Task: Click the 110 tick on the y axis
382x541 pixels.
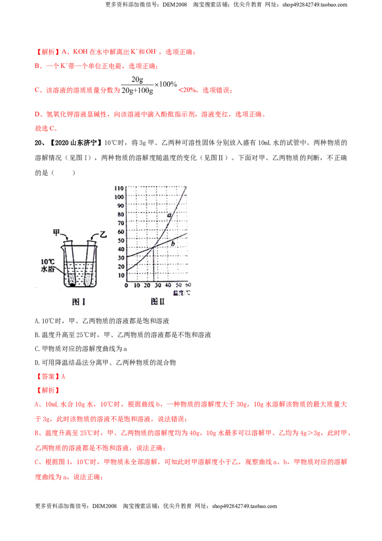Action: pos(119,188)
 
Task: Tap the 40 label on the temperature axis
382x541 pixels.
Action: pos(168,285)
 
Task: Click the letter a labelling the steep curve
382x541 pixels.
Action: pos(170,215)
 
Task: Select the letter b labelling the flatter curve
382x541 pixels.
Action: pos(173,244)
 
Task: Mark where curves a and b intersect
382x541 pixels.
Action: pos(153,247)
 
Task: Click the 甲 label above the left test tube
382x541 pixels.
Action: pos(56,233)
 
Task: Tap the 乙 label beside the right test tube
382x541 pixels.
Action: pos(103,235)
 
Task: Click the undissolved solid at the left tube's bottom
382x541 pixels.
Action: pos(72,285)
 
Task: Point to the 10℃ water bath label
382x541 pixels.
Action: pos(48,265)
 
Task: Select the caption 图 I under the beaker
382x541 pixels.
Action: pos(79,302)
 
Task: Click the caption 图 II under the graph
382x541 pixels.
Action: pos(158,302)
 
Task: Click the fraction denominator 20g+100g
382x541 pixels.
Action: pos(137,91)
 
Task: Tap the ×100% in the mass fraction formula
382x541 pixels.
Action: pos(166,84)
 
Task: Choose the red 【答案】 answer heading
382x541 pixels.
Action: pos(48,377)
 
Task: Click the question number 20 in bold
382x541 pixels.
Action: pos(38,143)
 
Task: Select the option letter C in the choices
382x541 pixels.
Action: pos(37,349)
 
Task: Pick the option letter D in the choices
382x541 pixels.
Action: pos(37,363)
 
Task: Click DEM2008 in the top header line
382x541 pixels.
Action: pos(175,5)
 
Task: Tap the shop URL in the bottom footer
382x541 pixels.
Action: pos(244,506)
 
